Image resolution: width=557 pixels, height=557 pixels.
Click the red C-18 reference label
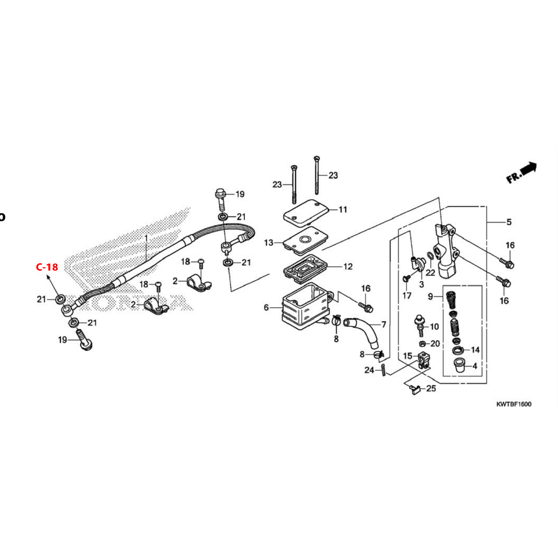(47, 267)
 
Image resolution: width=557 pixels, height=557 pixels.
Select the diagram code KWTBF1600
(514, 404)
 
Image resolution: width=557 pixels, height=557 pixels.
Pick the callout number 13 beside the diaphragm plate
(269, 243)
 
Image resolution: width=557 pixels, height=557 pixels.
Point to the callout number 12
(348, 267)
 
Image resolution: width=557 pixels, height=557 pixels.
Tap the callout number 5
(509, 222)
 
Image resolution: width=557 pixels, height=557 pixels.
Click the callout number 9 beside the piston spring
(431, 297)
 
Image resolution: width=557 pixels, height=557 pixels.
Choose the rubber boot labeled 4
(460, 365)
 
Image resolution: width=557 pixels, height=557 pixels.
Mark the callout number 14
(475, 350)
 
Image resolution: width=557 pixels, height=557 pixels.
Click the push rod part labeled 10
(420, 326)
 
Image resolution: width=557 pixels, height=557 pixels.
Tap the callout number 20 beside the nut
(435, 343)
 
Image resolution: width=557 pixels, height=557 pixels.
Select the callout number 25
(431, 388)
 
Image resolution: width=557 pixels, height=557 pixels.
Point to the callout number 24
(369, 370)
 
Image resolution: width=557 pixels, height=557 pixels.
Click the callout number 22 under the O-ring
(430, 273)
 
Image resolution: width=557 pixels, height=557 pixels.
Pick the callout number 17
(407, 296)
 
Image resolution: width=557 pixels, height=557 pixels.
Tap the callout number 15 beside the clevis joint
(408, 356)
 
